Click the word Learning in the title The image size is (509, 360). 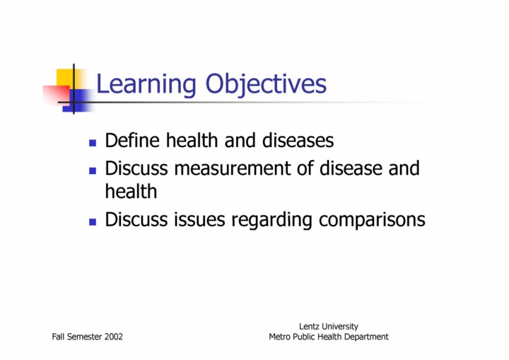coord(146,84)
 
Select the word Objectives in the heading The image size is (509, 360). coord(266,84)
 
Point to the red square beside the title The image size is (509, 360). coord(57,95)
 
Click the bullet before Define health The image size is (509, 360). coord(93,143)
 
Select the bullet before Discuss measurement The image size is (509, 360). coord(93,170)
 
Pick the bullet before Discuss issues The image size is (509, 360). coord(93,222)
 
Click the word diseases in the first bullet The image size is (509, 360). coord(298,140)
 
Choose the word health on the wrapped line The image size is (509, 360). coord(131,191)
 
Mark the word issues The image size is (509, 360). coord(199,220)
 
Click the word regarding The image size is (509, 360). coord(271,221)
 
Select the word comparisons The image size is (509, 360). coord(372,221)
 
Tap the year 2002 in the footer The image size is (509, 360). coord(114,337)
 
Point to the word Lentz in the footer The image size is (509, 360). coord(309,326)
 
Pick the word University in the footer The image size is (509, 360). coord(339,327)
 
